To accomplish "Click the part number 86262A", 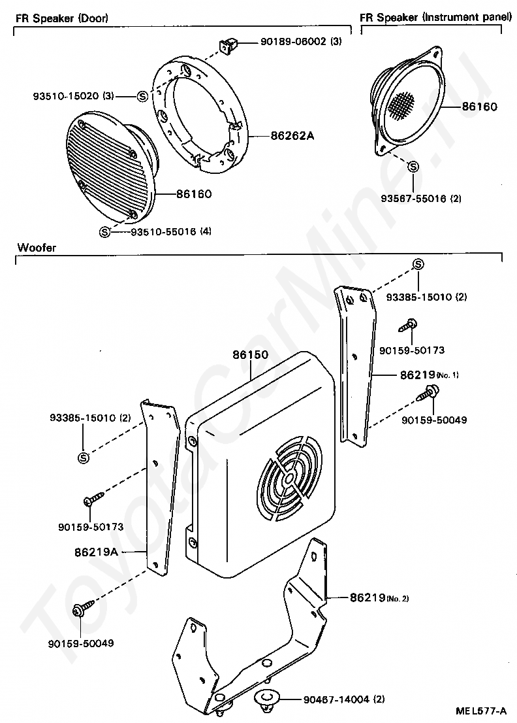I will (292, 136).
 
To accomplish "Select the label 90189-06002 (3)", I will (301, 42).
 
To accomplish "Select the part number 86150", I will (250, 356).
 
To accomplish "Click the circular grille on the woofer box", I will (288, 480).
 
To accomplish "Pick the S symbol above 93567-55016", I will (413, 167).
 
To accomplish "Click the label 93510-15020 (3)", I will (73, 96).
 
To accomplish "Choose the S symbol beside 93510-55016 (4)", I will (104, 231).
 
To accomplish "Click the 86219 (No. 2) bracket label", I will (379, 597).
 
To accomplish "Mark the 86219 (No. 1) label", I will (429, 375).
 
